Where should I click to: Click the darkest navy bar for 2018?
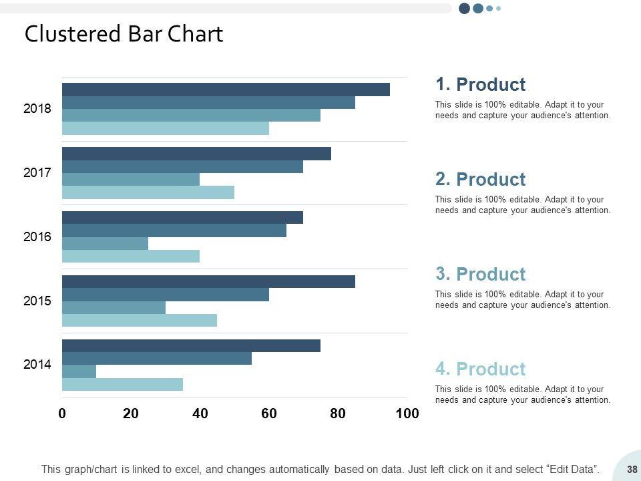226,90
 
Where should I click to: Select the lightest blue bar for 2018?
166,128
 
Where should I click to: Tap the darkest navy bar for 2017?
196,154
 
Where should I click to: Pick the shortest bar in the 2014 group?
79,371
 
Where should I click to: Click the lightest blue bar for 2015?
140,321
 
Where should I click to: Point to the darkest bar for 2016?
182,218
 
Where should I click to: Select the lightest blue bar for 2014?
122,384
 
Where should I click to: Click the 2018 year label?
37,108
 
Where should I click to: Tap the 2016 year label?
37,236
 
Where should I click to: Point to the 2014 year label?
37,365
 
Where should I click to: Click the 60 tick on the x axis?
269,414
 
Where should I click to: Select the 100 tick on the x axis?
407,414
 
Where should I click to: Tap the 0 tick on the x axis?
62,414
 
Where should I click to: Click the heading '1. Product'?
481,85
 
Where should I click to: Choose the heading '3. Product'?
481,274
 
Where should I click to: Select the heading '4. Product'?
481,369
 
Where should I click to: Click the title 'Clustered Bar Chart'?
124,34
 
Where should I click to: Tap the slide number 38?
632,470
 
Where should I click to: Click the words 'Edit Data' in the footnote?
571,470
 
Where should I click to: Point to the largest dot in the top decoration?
465,8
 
